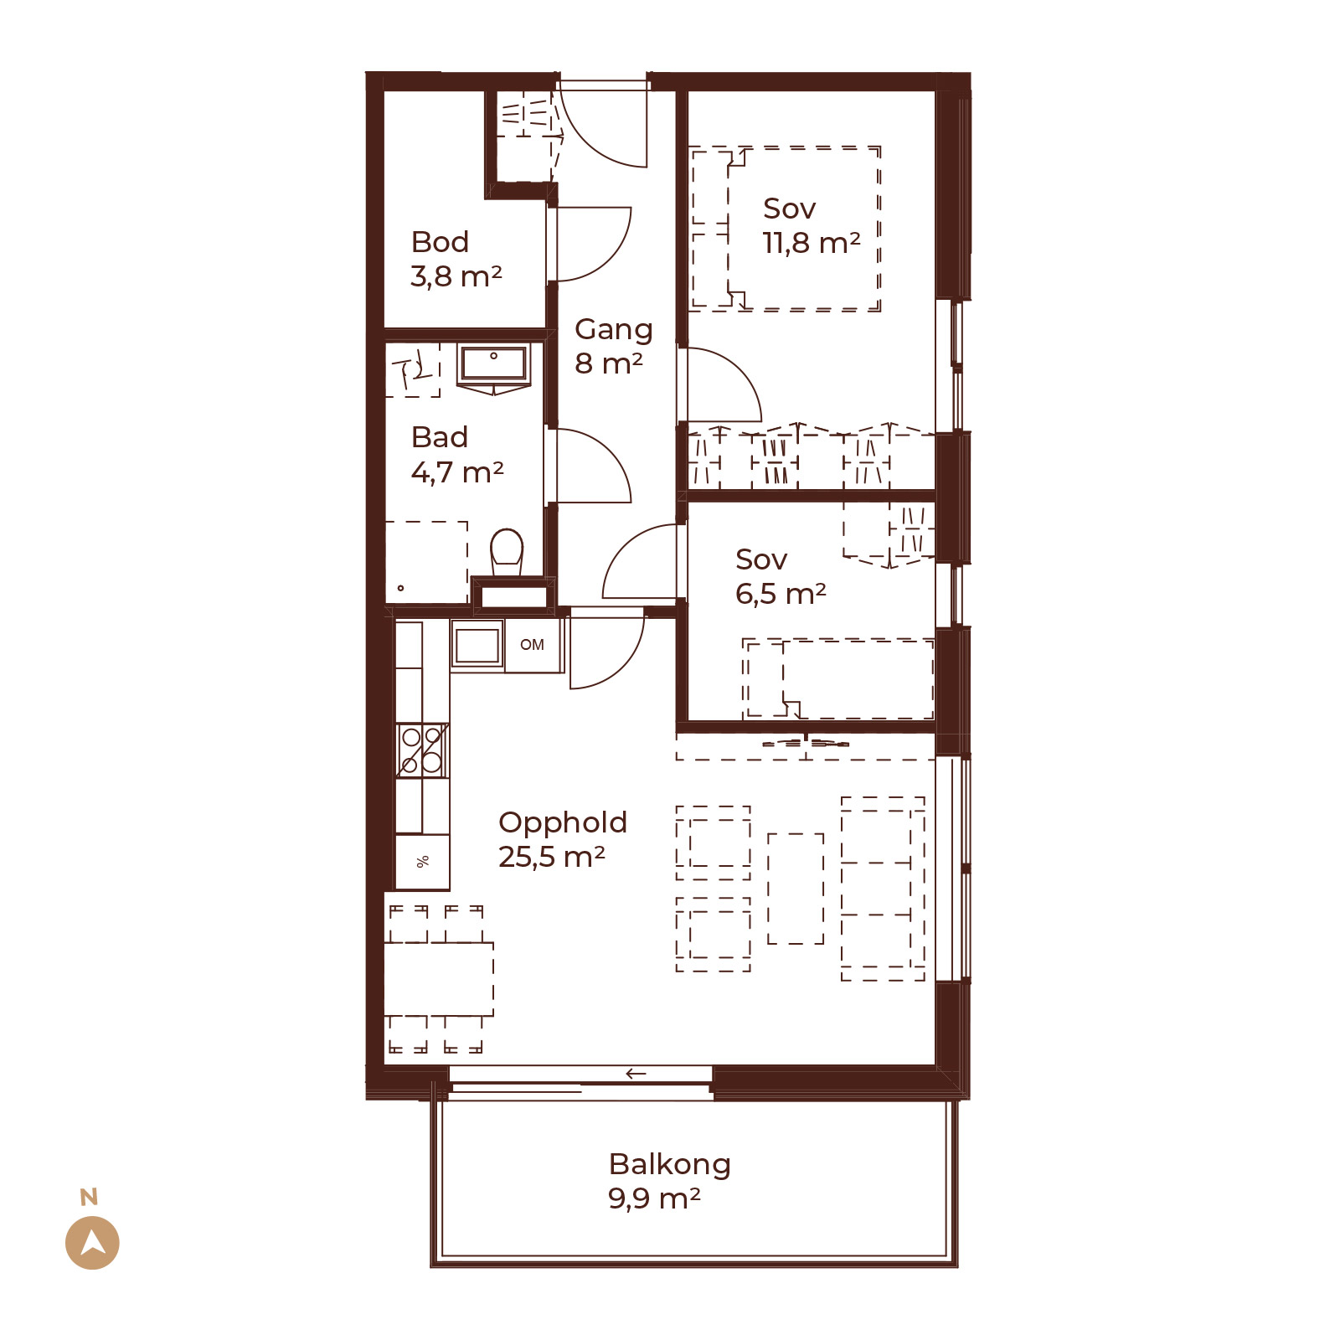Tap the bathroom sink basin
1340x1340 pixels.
[x=494, y=363]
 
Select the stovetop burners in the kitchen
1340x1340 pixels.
[x=422, y=750]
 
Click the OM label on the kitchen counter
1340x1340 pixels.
[x=532, y=645]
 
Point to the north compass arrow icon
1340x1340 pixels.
[x=92, y=1243]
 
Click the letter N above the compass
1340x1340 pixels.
[x=89, y=1198]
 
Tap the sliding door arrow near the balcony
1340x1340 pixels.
[x=636, y=1074]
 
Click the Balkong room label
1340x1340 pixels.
[x=670, y=1165]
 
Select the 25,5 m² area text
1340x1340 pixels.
[x=551, y=857]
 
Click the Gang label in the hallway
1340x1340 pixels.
[x=614, y=330]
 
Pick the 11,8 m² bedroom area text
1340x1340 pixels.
[x=811, y=243]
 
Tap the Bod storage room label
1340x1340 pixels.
[x=440, y=242]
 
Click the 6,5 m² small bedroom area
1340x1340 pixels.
[x=781, y=594]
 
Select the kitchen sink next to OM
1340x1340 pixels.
[x=477, y=645]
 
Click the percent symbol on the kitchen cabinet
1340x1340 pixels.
[x=423, y=861]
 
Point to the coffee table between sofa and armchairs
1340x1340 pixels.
[x=796, y=889]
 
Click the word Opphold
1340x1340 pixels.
[x=563, y=823]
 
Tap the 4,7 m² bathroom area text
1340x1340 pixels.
[x=457, y=472]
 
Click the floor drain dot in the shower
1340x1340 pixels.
[x=401, y=588]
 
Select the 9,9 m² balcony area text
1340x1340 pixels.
[x=654, y=1199]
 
